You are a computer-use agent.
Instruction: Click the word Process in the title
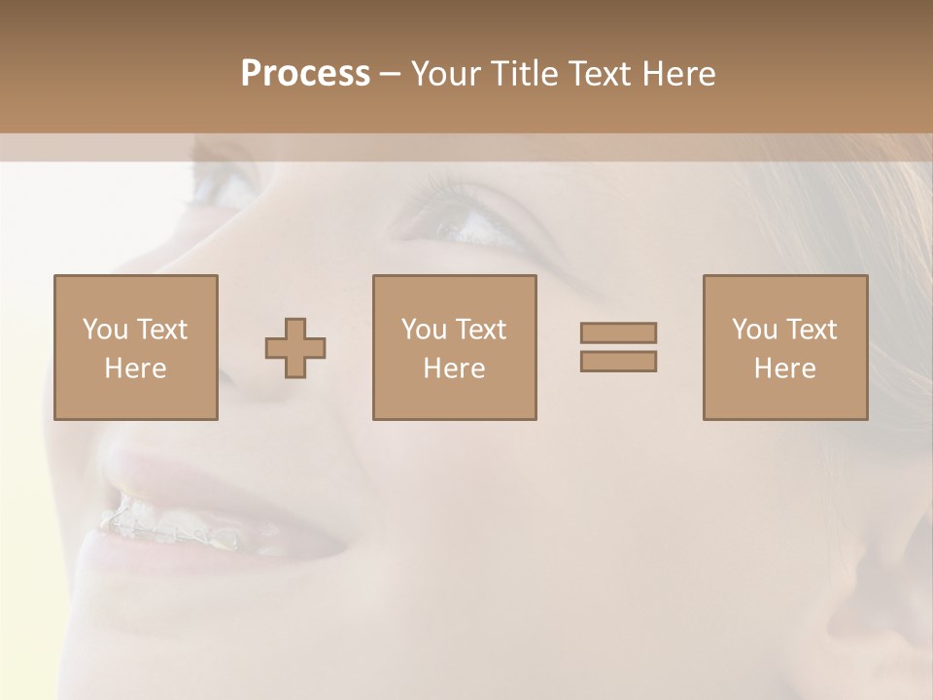(305, 74)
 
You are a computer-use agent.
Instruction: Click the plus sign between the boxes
(295, 348)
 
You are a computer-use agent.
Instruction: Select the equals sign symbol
(618, 347)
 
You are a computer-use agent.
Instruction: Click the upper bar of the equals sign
(618, 332)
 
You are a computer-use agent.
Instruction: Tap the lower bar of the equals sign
(618, 361)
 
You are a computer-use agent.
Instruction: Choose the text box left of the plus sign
(135, 347)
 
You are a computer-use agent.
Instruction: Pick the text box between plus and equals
(454, 347)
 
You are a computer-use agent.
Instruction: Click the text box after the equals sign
(784, 347)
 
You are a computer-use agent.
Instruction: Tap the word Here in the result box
(784, 368)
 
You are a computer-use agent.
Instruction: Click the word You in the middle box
(424, 330)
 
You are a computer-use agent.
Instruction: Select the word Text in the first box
(160, 330)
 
